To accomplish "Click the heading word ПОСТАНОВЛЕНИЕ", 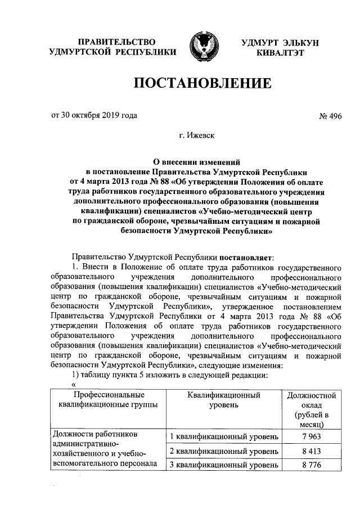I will point(202,84).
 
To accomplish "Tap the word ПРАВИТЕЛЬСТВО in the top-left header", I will point(116,42).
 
